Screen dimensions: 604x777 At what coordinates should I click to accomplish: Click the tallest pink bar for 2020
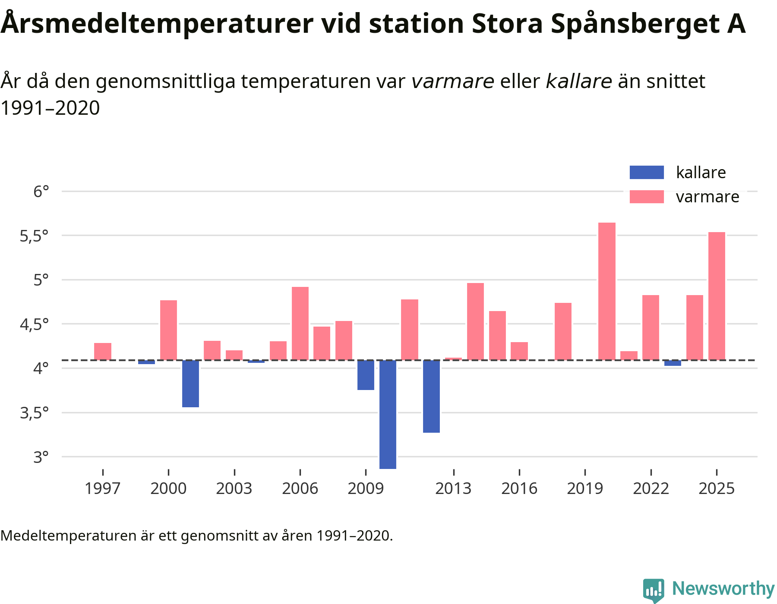tap(606, 291)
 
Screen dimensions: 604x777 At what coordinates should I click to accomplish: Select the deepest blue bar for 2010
tap(388, 414)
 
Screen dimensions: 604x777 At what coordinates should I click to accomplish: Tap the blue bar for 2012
tap(431, 396)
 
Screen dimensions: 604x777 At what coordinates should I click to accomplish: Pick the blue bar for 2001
tap(190, 384)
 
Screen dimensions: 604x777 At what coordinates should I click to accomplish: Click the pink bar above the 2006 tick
tap(300, 323)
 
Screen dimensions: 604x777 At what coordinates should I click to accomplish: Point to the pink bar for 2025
tap(717, 296)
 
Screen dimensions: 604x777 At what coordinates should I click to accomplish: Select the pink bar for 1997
tap(103, 351)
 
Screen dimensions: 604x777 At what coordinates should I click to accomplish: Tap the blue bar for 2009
tap(366, 375)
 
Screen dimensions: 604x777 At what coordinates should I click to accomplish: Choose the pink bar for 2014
tap(475, 321)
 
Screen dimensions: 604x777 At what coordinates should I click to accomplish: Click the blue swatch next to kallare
tap(647, 173)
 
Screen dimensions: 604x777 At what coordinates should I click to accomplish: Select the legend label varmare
tap(708, 197)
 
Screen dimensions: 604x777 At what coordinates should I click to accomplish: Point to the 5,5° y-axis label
tap(34, 236)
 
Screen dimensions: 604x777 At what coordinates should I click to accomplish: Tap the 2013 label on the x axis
tap(453, 488)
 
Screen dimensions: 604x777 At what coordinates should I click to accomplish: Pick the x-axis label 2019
tap(585, 488)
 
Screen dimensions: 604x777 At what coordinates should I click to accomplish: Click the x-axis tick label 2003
tap(234, 488)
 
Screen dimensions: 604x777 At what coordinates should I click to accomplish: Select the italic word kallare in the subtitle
tap(579, 81)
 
